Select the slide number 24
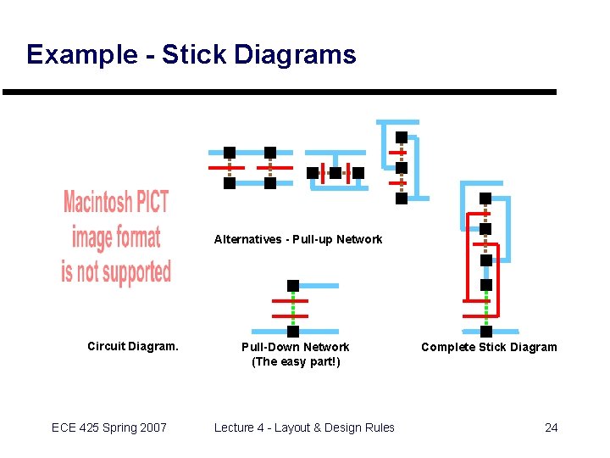tap(551, 427)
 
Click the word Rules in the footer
tap(379, 427)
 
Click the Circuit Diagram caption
tap(133, 346)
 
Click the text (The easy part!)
tap(296, 362)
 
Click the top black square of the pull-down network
tap(293, 286)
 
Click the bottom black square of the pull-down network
tap(293, 332)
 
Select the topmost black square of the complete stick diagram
tap(485, 198)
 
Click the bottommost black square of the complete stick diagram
tap(485, 331)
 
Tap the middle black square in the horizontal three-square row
tap(335, 172)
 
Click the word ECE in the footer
tap(64, 427)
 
